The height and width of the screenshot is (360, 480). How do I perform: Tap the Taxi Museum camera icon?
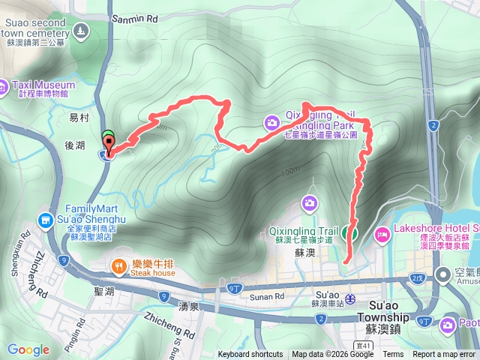pyautogui.click(x=4, y=85)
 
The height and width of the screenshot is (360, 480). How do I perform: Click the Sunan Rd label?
pyautogui.click(x=271, y=296)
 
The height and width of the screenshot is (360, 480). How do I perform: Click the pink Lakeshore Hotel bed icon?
pyautogui.click(x=381, y=235)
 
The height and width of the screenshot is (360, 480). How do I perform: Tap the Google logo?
pyautogui.click(x=28, y=349)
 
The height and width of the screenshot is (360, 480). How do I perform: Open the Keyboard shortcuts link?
pyautogui.click(x=250, y=354)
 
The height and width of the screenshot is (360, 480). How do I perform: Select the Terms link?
pyautogui.click(x=393, y=354)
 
